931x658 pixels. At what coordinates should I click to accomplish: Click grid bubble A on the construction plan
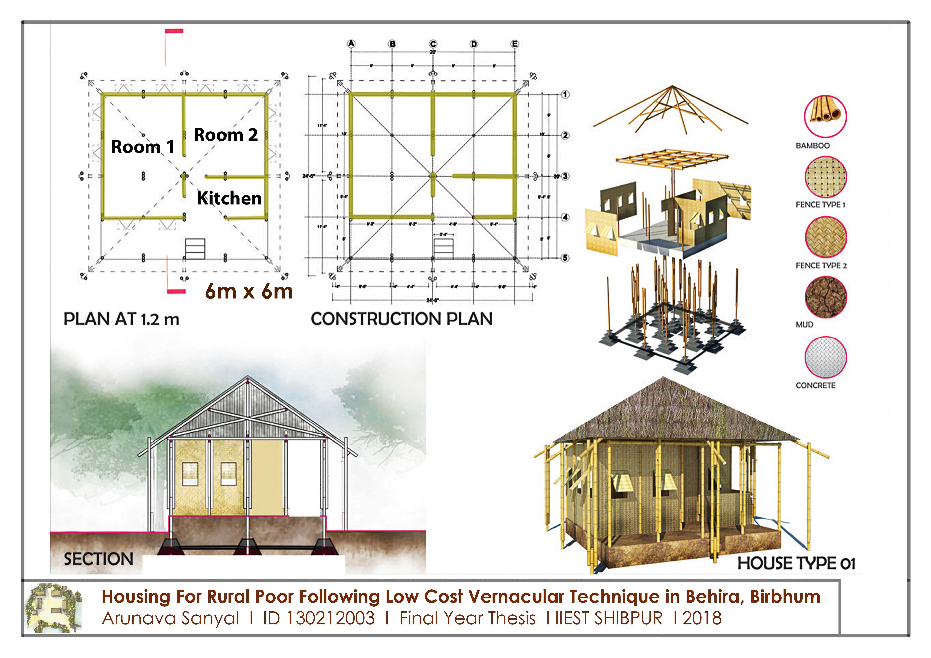(351, 44)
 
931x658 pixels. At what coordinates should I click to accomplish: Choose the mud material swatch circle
(826, 297)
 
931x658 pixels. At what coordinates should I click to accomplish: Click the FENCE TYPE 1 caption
(820, 205)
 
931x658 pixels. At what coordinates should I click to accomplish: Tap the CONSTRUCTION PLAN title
(401, 319)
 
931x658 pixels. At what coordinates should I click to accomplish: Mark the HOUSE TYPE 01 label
(796, 563)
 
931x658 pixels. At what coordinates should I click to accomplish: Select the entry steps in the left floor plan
(195, 248)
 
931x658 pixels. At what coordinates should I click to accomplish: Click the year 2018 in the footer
(702, 618)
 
